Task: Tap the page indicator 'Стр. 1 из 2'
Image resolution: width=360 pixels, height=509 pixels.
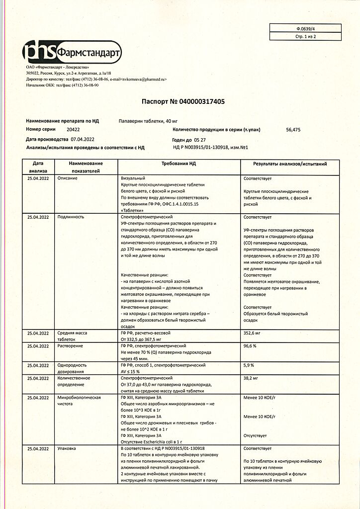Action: pyautogui.click(x=306, y=36)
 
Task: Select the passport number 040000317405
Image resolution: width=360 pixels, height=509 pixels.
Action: pyautogui.click(x=198, y=101)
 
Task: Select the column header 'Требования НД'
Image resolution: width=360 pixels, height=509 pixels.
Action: pyautogui.click(x=179, y=164)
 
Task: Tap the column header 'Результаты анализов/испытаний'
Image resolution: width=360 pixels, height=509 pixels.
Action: pyautogui.click(x=289, y=164)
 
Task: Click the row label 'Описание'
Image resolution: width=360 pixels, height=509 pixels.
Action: pyautogui.click(x=67, y=177)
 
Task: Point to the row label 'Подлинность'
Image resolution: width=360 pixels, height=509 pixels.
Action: pyautogui.click(x=71, y=217)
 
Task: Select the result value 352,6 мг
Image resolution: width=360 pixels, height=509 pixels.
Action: pyautogui.click(x=252, y=333)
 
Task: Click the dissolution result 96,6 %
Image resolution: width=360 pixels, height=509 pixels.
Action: pyautogui.click(x=250, y=345)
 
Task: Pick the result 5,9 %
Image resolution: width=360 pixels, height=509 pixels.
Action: pyautogui.click(x=249, y=365)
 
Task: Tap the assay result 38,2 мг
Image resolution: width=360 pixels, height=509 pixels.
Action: pyautogui.click(x=251, y=378)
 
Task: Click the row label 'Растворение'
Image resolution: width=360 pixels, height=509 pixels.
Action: pyautogui.click(x=70, y=345)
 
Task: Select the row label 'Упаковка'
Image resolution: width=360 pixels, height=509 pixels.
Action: pyautogui.click(x=67, y=448)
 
